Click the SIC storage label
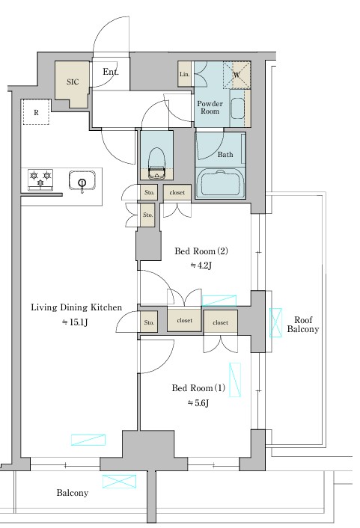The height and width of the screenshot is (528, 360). [73, 82]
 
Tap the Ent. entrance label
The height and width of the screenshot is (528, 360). [111, 72]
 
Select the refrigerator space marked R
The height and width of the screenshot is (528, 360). [36, 112]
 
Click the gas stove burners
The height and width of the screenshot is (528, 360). [40, 179]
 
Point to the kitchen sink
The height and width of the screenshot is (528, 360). [82, 181]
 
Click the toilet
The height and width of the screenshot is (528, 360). [156, 163]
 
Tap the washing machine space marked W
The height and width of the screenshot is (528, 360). [237, 75]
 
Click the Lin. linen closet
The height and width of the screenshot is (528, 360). [184, 74]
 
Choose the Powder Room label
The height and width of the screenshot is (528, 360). [210, 108]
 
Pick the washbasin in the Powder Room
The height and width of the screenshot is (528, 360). [238, 108]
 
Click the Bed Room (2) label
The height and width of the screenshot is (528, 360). [201, 251]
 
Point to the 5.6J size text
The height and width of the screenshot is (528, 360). [198, 403]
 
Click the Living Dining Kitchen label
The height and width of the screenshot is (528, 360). [76, 307]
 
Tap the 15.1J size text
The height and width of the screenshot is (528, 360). [75, 322]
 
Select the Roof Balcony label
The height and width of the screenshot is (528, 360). [302, 325]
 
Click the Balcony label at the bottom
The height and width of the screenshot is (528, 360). [73, 493]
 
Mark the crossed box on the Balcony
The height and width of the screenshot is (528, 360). [119, 482]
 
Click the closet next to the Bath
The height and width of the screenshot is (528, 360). [177, 193]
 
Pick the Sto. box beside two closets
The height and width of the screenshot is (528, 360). [149, 322]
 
